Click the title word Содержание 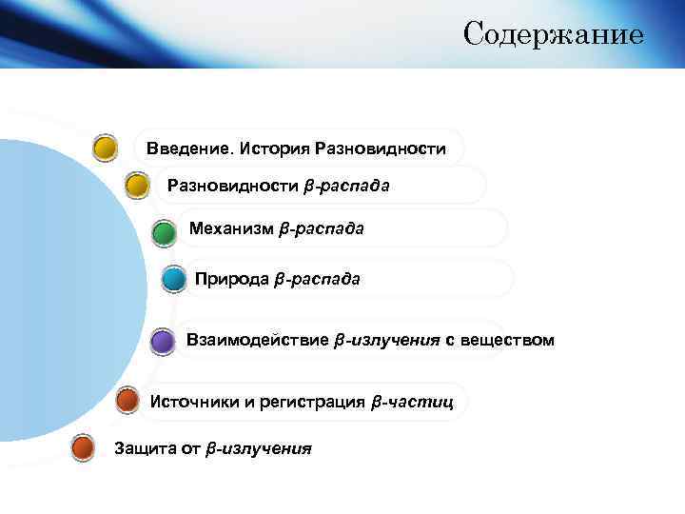pos(553,35)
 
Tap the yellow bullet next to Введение pos(105,148)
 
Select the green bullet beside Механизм pos(163,231)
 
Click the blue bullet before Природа pos(173,279)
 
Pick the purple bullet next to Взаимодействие pos(162,341)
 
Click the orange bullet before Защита pos(84,446)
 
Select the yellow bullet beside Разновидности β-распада pos(137,185)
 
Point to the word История pos(275,149)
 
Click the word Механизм pos(231,228)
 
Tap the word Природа pos(231,279)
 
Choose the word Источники pos(194,402)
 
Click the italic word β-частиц pos(412,402)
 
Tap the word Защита pos(138,447)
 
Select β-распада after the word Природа pos(317,279)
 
